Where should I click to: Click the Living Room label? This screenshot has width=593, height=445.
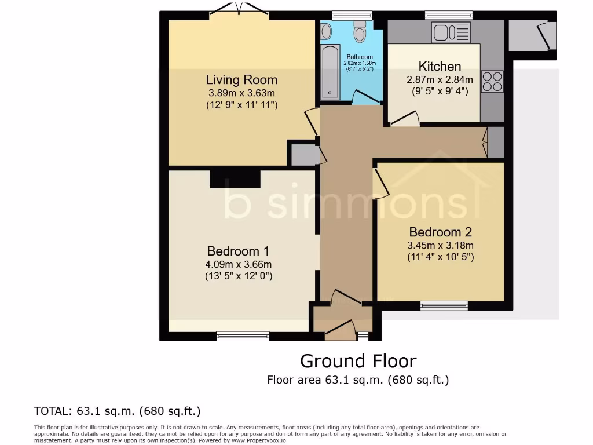(241, 80)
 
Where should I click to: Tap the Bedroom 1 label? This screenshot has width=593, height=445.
(237, 251)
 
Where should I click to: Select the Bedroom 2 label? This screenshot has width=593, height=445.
(440, 232)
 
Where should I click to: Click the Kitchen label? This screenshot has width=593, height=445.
(440, 66)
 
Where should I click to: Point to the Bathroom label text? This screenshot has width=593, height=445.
(360, 57)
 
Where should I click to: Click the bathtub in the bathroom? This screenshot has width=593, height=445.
(330, 71)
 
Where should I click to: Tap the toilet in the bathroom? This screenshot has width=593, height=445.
(360, 32)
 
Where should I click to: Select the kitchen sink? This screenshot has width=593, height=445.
(451, 32)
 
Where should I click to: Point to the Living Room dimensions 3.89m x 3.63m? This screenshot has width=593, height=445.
(241, 93)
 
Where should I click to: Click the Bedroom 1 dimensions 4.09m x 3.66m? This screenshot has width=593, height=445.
(237, 264)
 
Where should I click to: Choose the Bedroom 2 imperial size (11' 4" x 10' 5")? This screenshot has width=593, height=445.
(440, 257)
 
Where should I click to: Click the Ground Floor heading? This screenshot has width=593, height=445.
(358, 361)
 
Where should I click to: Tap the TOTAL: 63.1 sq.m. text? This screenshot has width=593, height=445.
(118, 411)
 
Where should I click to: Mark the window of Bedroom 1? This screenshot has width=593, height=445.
(243, 335)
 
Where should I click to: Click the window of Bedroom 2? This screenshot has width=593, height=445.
(444, 305)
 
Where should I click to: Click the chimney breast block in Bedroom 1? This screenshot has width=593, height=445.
(235, 178)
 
